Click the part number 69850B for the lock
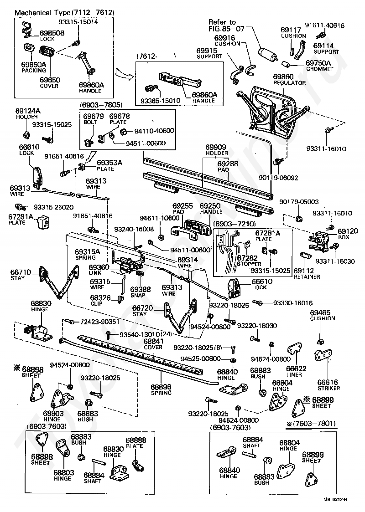click(52, 33)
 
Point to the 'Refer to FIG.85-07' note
click(227, 25)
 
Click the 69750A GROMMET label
click(319, 66)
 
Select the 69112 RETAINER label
click(307, 273)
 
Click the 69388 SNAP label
click(140, 292)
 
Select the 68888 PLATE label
click(136, 443)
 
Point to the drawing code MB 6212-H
click(335, 500)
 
